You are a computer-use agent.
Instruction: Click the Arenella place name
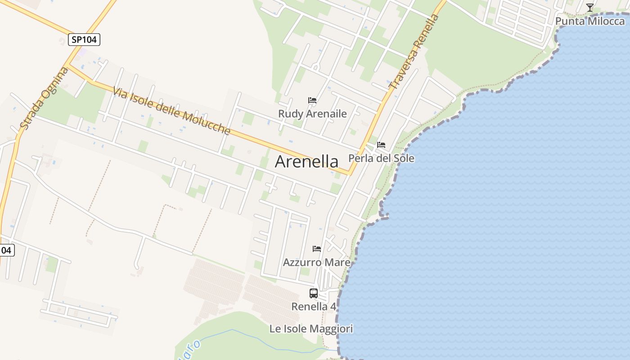click(306, 161)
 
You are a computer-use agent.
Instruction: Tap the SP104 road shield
click(84, 40)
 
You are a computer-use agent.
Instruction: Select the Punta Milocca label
click(589, 21)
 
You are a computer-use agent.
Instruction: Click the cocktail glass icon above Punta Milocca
click(589, 8)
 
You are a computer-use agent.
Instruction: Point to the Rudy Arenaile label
click(312, 114)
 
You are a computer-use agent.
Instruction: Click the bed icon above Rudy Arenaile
click(312, 100)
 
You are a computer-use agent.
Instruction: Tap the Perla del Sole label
click(381, 158)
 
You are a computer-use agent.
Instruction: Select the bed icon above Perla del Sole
click(381, 145)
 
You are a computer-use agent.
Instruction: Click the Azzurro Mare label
click(316, 262)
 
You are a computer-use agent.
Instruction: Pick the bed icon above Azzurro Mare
click(317, 248)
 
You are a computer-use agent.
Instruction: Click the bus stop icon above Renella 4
click(314, 293)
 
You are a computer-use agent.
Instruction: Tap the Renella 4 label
click(314, 306)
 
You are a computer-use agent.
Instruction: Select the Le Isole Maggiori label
click(311, 329)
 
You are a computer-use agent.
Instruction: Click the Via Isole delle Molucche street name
click(171, 111)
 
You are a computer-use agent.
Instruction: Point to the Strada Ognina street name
click(44, 98)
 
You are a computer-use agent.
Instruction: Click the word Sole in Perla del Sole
click(404, 158)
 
